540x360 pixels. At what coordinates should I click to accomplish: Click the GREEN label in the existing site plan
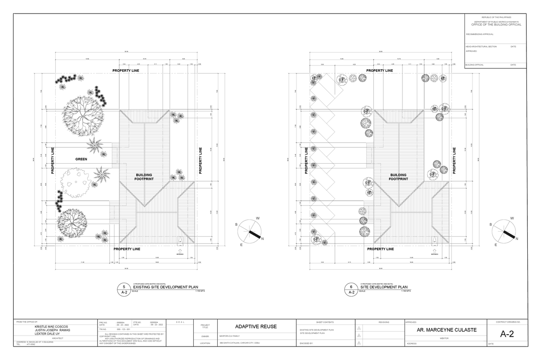click(x=81, y=159)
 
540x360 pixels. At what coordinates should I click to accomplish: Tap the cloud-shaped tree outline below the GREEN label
click(x=76, y=183)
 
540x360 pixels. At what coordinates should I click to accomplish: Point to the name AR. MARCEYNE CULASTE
click(x=443, y=330)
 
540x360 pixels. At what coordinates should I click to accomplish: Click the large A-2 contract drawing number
click(x=507, y=334)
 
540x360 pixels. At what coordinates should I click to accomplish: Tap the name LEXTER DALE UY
click(x=48, y=333)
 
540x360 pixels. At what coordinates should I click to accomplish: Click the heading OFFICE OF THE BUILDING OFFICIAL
click(x=496, y=24)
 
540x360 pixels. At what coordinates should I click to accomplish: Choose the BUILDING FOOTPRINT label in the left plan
click(x=144, y=177)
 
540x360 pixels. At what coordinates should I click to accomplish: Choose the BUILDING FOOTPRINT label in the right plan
click(x=398, y=177)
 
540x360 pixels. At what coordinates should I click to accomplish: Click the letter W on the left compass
click(x=258, y=218)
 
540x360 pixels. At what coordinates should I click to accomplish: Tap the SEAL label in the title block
click(x=179, y=322)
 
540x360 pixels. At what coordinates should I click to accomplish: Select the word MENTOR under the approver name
click(x=443, y=338)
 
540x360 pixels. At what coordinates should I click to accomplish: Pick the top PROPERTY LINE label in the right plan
click(x=380, y=70)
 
